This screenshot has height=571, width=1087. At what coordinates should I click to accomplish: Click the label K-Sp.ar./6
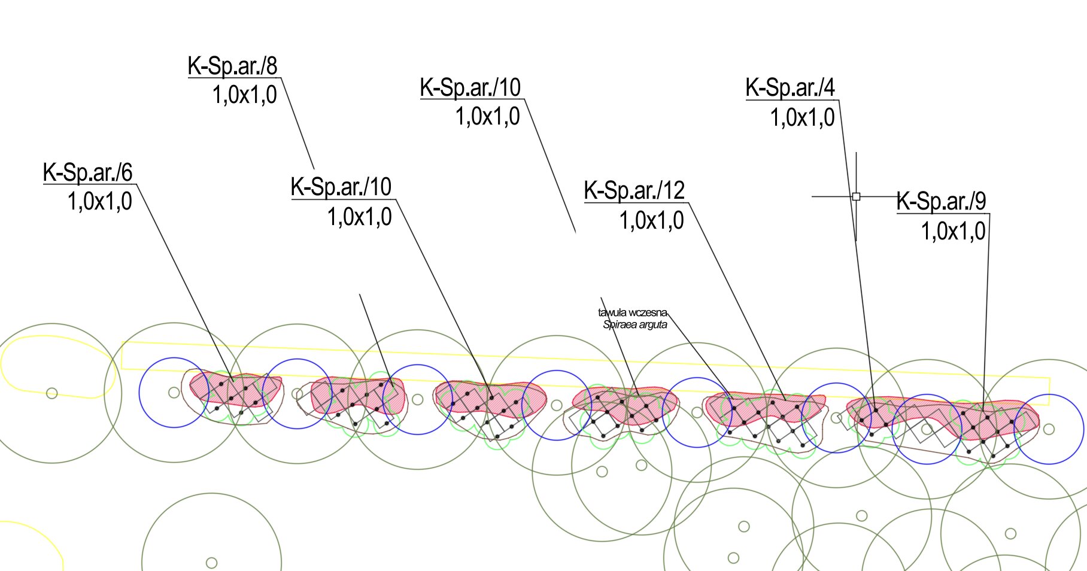(x=88, y=172)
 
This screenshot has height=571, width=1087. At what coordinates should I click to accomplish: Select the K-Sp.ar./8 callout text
(x=233, y=66)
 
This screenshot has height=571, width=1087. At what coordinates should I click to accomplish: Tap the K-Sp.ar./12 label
(x=634, y=190)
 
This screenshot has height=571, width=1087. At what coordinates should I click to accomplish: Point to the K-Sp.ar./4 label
(x=790, y=87)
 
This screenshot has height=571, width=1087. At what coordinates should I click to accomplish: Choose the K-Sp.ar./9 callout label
(x=942, y=201)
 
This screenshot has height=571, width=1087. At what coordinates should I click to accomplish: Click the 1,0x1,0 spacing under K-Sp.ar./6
(x=100, y=201)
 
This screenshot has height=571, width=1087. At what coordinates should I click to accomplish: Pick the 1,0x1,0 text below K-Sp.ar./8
(x=245, y=95)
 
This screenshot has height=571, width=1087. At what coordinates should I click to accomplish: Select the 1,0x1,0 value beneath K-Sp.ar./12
(x=652, y=220)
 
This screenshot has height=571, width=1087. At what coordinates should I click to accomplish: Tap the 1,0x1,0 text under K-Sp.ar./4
(x=803, y=117)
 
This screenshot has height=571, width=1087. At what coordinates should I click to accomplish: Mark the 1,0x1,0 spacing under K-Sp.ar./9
(x=954, y=230)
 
